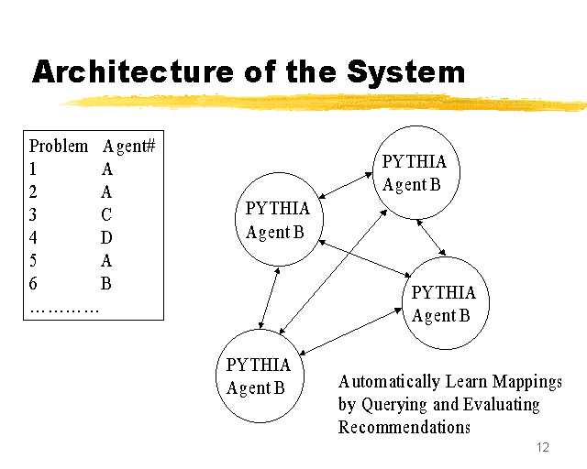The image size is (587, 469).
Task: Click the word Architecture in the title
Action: click(x=133, y=71)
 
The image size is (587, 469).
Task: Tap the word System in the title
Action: click(x=405, y=73)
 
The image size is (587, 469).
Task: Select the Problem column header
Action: click(x=59, y=146)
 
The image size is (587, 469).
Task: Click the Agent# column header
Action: click(x=128, y=147)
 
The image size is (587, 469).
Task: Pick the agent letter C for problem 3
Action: click(x=106, y=214)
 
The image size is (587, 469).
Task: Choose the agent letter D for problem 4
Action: click(x=106, y=237)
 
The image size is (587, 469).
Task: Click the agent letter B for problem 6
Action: click(x=106, y=283)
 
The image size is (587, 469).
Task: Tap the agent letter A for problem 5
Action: click(x=106, y=260)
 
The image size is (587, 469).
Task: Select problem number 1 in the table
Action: click(x=33, y=169)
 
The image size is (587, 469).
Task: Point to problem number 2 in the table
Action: click(x=33, y=191)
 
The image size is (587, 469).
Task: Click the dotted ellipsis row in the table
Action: click(x=64, y=310)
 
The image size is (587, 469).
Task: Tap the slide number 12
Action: click(x=543, y=447)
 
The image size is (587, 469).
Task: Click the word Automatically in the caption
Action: click(x=389, y=382)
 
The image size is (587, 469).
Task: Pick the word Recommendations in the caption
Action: click(x=404, y=427)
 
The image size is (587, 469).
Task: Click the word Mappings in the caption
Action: click(x=527, y=382)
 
